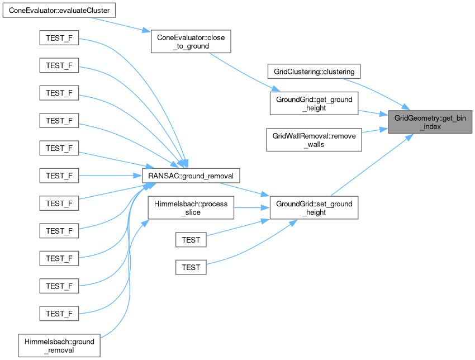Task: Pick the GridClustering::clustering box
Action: [x=313, y=72]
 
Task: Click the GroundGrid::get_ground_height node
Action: [x=313, y=104]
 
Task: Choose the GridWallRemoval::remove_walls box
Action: [x=313, y=140]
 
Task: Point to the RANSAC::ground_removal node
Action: [x=191, y=176]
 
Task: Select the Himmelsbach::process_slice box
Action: [x=191, y=208]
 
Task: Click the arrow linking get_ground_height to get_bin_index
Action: [x=373, y=113]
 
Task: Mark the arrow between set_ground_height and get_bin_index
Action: [x=369, y=162]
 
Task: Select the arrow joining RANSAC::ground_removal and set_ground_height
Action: [x=255, y=191]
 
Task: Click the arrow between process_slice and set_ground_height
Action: [x=251, y=208]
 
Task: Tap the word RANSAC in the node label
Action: [x=161, y=176]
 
